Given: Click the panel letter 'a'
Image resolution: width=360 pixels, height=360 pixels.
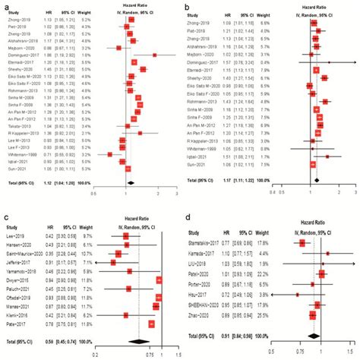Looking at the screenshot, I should [x=6, y=6].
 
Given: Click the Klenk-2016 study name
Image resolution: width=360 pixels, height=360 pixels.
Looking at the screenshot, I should [x=21, y=314].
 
